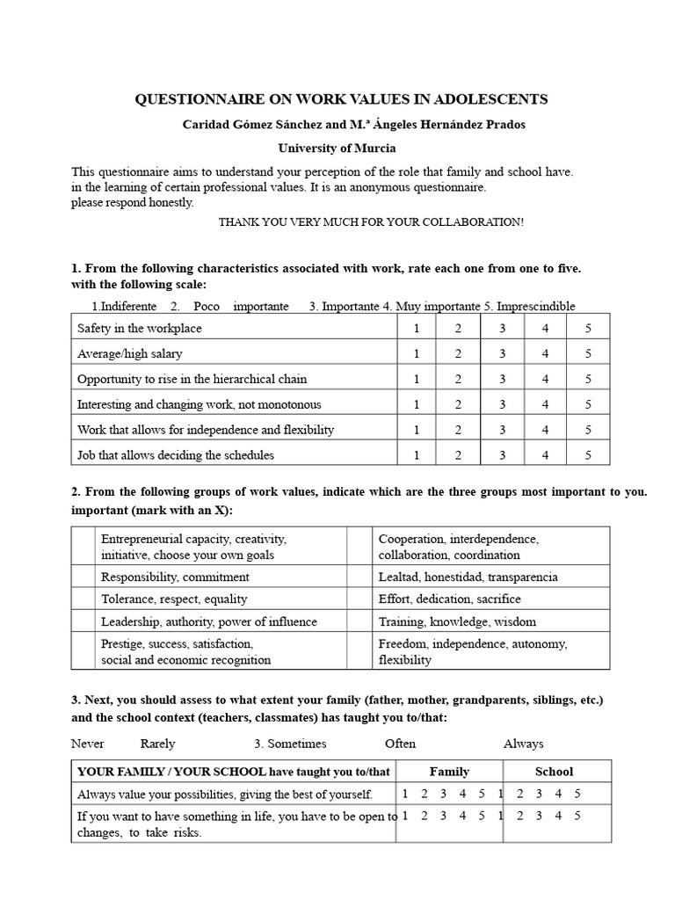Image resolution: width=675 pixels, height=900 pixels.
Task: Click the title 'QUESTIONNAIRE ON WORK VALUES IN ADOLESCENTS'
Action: click(340, 99)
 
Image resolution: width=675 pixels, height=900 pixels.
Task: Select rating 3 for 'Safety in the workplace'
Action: click(502, 329)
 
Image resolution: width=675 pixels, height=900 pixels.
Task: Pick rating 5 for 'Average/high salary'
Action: click(588, 354)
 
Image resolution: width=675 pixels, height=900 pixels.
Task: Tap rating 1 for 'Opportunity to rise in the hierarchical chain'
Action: click(417, 380)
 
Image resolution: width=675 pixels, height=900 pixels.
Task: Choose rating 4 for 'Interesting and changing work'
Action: click(545, 405)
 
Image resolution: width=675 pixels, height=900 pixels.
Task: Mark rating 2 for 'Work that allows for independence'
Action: click(458, 431)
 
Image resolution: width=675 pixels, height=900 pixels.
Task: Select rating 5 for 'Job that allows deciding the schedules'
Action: click(588, 455)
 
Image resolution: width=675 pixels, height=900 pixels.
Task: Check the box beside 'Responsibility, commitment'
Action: click(83, 577)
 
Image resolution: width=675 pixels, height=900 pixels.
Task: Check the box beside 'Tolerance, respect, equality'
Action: click(83, 599)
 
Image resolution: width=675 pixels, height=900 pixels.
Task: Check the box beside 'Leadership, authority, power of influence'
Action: click(83, 621)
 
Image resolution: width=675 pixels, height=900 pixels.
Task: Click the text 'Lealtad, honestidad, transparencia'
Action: click(468, 577)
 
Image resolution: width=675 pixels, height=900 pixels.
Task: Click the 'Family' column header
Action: click(449, 772)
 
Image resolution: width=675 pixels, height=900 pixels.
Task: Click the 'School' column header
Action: click(554, 772)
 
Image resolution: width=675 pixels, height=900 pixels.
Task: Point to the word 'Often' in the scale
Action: click(400, 744)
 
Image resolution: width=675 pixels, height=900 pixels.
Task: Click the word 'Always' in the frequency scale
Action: click(523, 744)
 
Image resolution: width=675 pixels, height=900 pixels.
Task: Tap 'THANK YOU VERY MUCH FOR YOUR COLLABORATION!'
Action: click(371, 222)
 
